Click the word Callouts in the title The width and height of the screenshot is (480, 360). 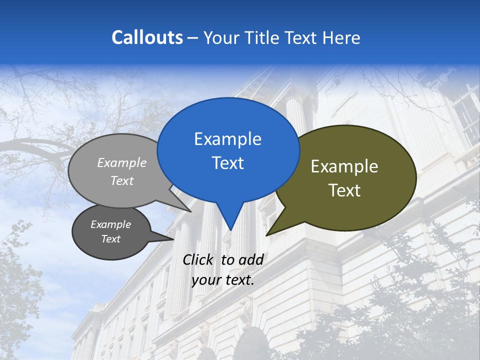tap(147, 37)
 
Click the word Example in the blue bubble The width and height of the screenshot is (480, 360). tap(227, 139)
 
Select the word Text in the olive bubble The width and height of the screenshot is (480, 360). tap(344, 190)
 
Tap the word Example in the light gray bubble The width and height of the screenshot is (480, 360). tap(122, 162)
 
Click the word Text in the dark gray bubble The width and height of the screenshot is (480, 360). tap(110, 239)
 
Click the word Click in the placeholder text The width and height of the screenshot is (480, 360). tap(198, 259)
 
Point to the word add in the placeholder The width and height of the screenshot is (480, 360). tap(251, 259)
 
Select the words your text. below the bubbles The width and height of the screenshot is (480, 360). tap(223, 280)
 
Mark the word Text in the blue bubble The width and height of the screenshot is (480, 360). tap(227, 163)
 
